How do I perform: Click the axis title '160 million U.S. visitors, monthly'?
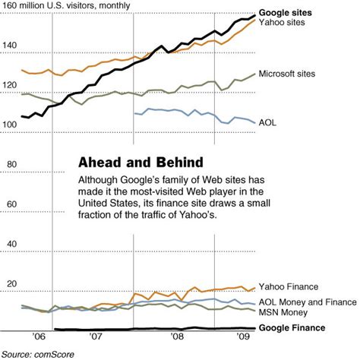click(66, 7)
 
